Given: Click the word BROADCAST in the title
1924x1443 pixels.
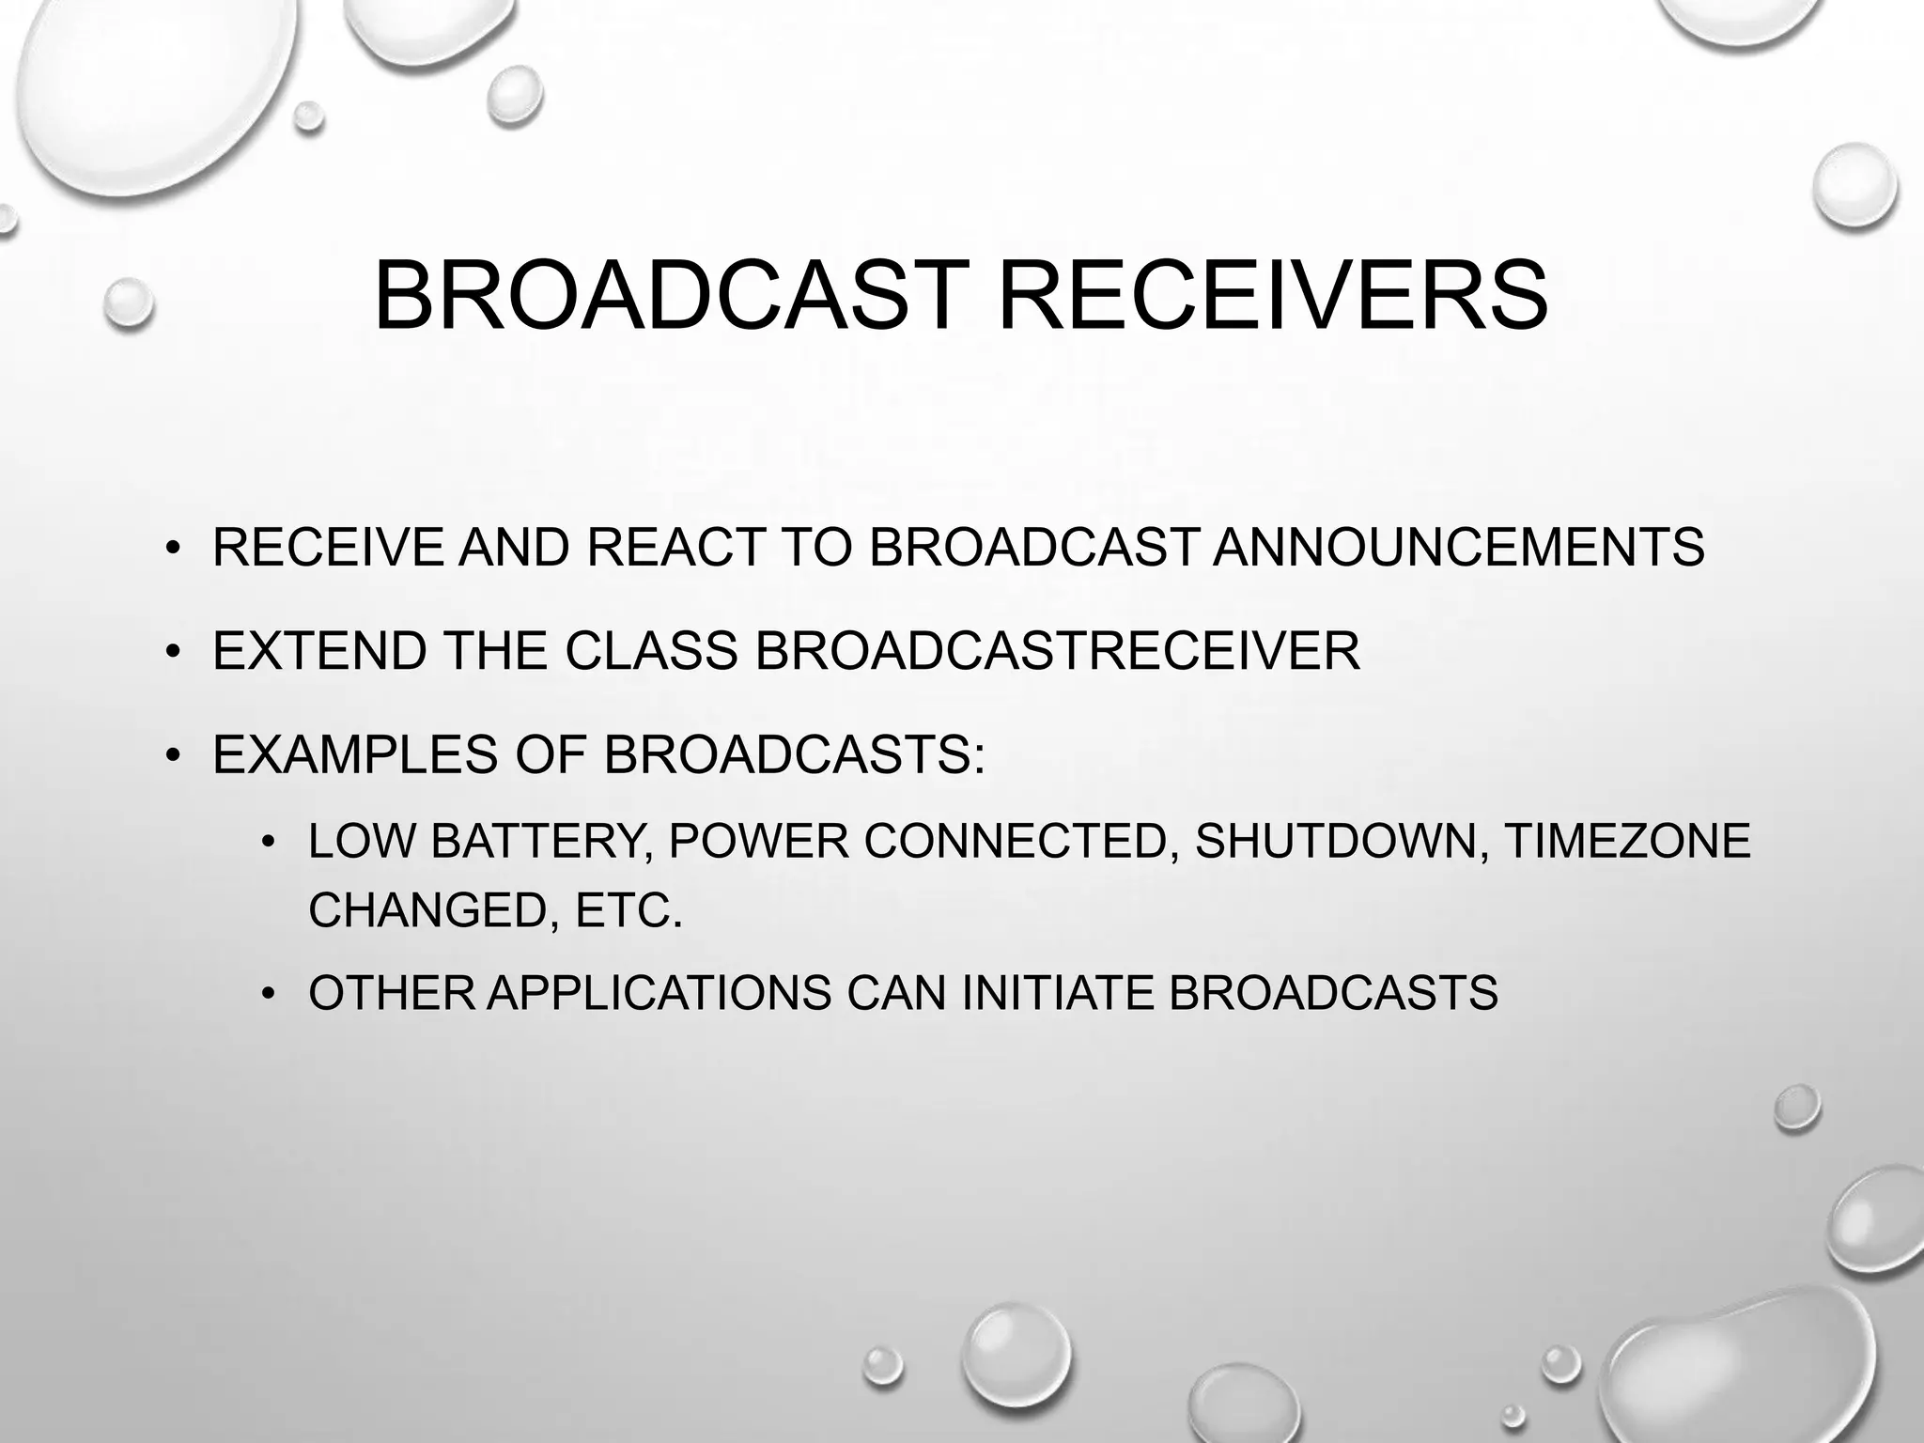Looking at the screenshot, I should point(672,296).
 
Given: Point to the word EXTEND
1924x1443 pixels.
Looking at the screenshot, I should point(319,650).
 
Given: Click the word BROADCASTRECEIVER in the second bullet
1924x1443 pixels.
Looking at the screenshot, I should point(1057,650).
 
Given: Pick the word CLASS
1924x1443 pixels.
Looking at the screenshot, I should point(651,650).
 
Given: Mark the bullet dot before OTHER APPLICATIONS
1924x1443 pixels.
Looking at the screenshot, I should point(269,994).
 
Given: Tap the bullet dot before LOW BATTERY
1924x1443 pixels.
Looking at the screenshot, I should point(269,841).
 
